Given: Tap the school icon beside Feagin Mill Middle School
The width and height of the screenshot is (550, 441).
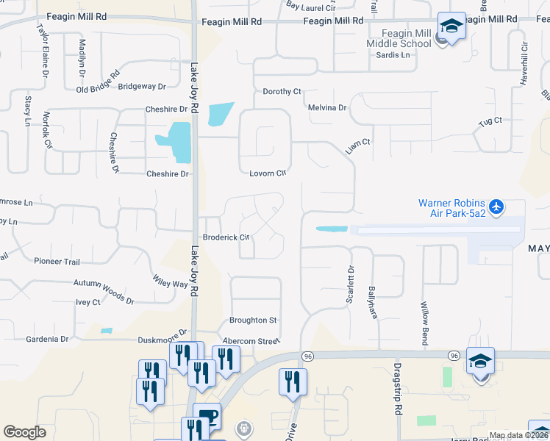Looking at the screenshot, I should tap(451, 27).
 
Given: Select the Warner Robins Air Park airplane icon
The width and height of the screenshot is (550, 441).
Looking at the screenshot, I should tap(497, 208).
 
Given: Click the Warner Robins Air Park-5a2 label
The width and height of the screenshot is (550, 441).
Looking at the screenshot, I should tap(451, 208).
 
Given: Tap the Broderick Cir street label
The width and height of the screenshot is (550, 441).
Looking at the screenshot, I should tap(226, 237).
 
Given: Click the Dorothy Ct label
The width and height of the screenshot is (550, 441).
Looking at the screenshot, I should tap(282, 92).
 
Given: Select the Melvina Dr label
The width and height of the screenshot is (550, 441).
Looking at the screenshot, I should tap(327, 107).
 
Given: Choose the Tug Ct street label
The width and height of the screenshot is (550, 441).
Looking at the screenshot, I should tap(490, 121).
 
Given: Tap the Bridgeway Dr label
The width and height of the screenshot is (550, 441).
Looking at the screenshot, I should tap(142, 87).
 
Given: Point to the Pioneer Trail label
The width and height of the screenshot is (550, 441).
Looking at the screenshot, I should tap(57, 261).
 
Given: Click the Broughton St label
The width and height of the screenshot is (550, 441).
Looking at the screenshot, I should tap(252, 320).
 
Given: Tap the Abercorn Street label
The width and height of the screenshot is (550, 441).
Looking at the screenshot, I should tap(251, 341).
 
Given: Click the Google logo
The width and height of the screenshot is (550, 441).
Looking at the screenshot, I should tap(24, 432).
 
